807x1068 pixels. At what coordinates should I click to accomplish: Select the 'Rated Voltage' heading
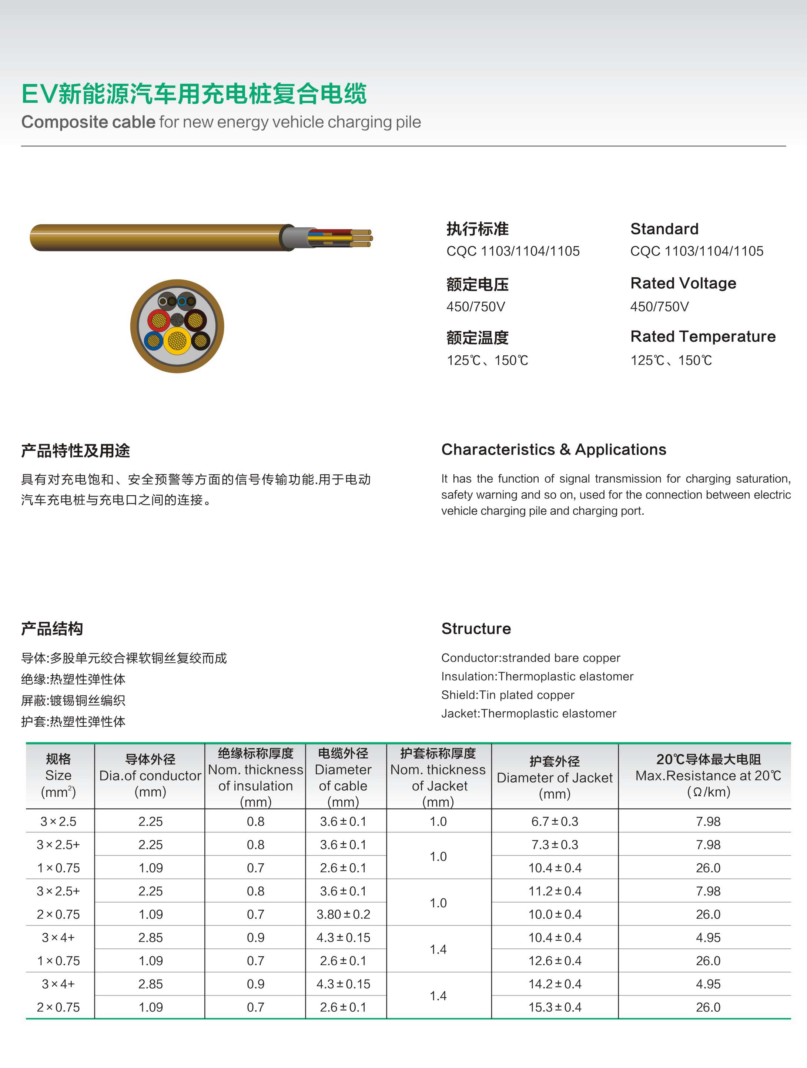(683, 284)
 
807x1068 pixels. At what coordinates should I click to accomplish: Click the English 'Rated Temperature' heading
(703, 337)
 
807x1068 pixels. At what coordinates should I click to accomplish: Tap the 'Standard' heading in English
(664, 229)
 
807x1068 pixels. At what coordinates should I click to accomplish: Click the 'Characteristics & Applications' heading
(553, 449)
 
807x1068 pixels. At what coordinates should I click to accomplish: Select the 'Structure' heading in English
(476, 629)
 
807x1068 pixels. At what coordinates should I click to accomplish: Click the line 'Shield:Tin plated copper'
(508, 695)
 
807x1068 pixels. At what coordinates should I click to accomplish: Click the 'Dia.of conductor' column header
(150, 776)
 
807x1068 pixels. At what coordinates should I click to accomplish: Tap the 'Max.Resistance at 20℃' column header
(708, 776)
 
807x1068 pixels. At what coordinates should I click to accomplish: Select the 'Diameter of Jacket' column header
(555, 777)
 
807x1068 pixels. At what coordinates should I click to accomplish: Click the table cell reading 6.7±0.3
(555, 821)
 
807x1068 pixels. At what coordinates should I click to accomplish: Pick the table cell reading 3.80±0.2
(343, 914)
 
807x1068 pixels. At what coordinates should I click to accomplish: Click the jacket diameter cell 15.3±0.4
(555, 1007)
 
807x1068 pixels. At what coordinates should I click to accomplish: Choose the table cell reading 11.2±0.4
(555, 891)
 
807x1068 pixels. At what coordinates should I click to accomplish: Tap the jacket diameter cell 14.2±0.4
(555, 984)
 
